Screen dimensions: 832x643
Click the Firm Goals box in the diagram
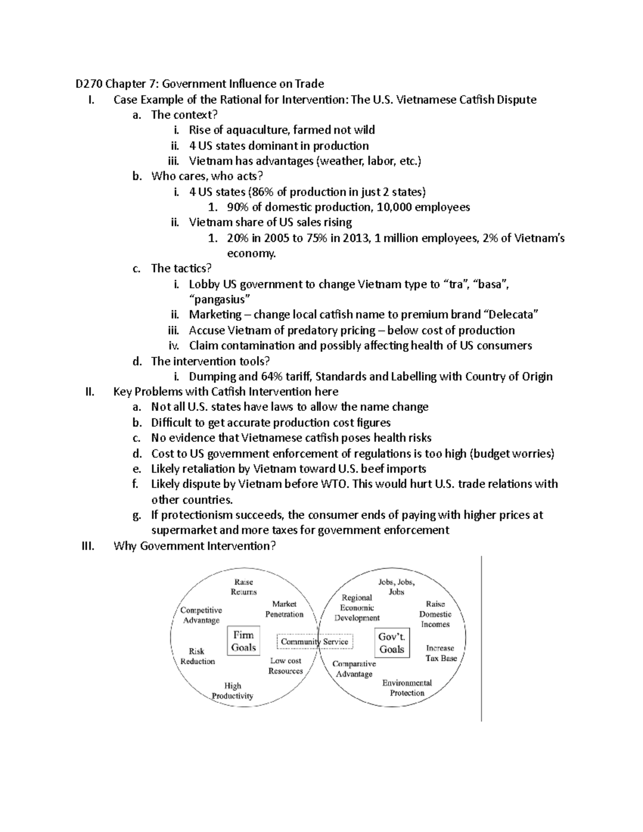pos(243,641)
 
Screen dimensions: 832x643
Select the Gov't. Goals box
pos(392,643)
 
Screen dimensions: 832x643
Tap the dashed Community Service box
pos(315,641)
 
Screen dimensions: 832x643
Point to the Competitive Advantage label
pos(201,615)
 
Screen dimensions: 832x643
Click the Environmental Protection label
pos(407,687)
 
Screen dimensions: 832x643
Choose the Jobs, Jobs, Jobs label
pos(396,587)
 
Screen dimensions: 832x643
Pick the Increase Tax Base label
pos(441,653)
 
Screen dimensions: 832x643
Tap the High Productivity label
pos(233,691)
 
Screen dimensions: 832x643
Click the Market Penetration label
pos(284,609)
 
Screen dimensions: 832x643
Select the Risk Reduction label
pos(197,656)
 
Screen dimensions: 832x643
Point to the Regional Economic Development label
pos(357,608)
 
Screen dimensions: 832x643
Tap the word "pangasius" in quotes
pos(220,299)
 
